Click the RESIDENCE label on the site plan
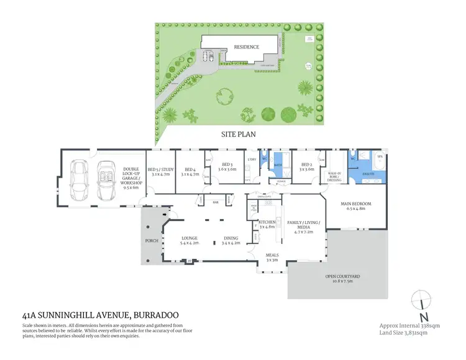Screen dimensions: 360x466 [x=247, y=47]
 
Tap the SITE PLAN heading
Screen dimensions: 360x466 [x=238, y=133]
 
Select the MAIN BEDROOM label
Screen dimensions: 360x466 [x=356, y=204]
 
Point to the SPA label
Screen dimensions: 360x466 [x=379, y=158]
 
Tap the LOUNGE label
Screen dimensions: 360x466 [x=189, y=238]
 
